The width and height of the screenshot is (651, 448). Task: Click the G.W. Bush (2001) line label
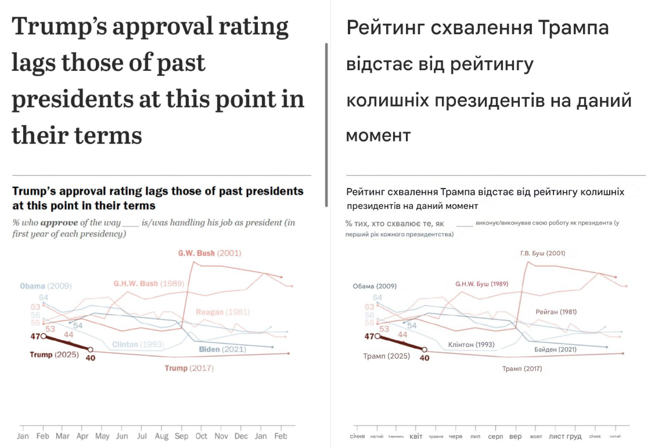point(210,253)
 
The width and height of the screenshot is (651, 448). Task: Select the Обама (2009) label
point(375,286)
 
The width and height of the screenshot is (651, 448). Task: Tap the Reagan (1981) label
point(218,312)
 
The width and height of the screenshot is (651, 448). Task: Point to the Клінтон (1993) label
point(471,345)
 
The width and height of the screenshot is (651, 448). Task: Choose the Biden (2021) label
point(222,349)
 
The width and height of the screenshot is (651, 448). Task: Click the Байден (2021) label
point(555,349)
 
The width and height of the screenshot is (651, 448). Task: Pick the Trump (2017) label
point(189,368)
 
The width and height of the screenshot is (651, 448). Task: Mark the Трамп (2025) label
point(386,356)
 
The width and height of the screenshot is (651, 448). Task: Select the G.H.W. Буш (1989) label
point(481,284)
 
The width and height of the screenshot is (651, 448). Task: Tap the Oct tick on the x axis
point(202,435)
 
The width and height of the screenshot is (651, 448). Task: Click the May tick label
point(102,435)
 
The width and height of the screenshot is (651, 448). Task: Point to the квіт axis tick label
point(416,436)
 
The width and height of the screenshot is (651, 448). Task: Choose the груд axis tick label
point(574,436)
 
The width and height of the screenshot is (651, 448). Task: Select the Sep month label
point(182,435)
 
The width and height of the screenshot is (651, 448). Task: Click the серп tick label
point(495,436)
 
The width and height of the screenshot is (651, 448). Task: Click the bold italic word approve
point(59,223)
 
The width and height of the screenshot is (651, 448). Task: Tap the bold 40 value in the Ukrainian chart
point(425,358)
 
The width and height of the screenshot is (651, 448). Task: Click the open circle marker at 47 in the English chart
point(43,336)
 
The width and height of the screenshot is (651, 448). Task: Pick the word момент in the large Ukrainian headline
point(378,135)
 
